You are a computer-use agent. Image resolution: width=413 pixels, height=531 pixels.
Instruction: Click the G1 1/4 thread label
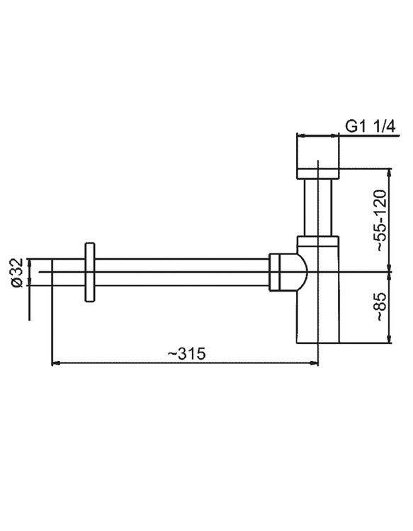coord(370,127)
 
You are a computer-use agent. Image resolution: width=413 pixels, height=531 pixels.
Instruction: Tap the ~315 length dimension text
coord(187,354)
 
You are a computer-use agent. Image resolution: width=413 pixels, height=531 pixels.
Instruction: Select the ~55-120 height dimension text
coord(381,220)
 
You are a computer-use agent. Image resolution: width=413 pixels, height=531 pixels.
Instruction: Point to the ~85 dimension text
coord(381,307)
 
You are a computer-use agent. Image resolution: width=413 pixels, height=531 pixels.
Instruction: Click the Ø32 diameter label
coord(17,273)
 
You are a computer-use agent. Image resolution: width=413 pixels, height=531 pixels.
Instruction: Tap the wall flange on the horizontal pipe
coord(90,272)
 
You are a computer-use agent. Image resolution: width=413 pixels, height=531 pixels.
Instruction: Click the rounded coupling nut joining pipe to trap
coord(288,272)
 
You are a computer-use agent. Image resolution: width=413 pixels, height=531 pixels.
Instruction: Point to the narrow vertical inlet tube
coord(318,207)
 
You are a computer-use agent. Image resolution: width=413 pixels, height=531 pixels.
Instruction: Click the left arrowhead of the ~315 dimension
coord(55,363)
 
